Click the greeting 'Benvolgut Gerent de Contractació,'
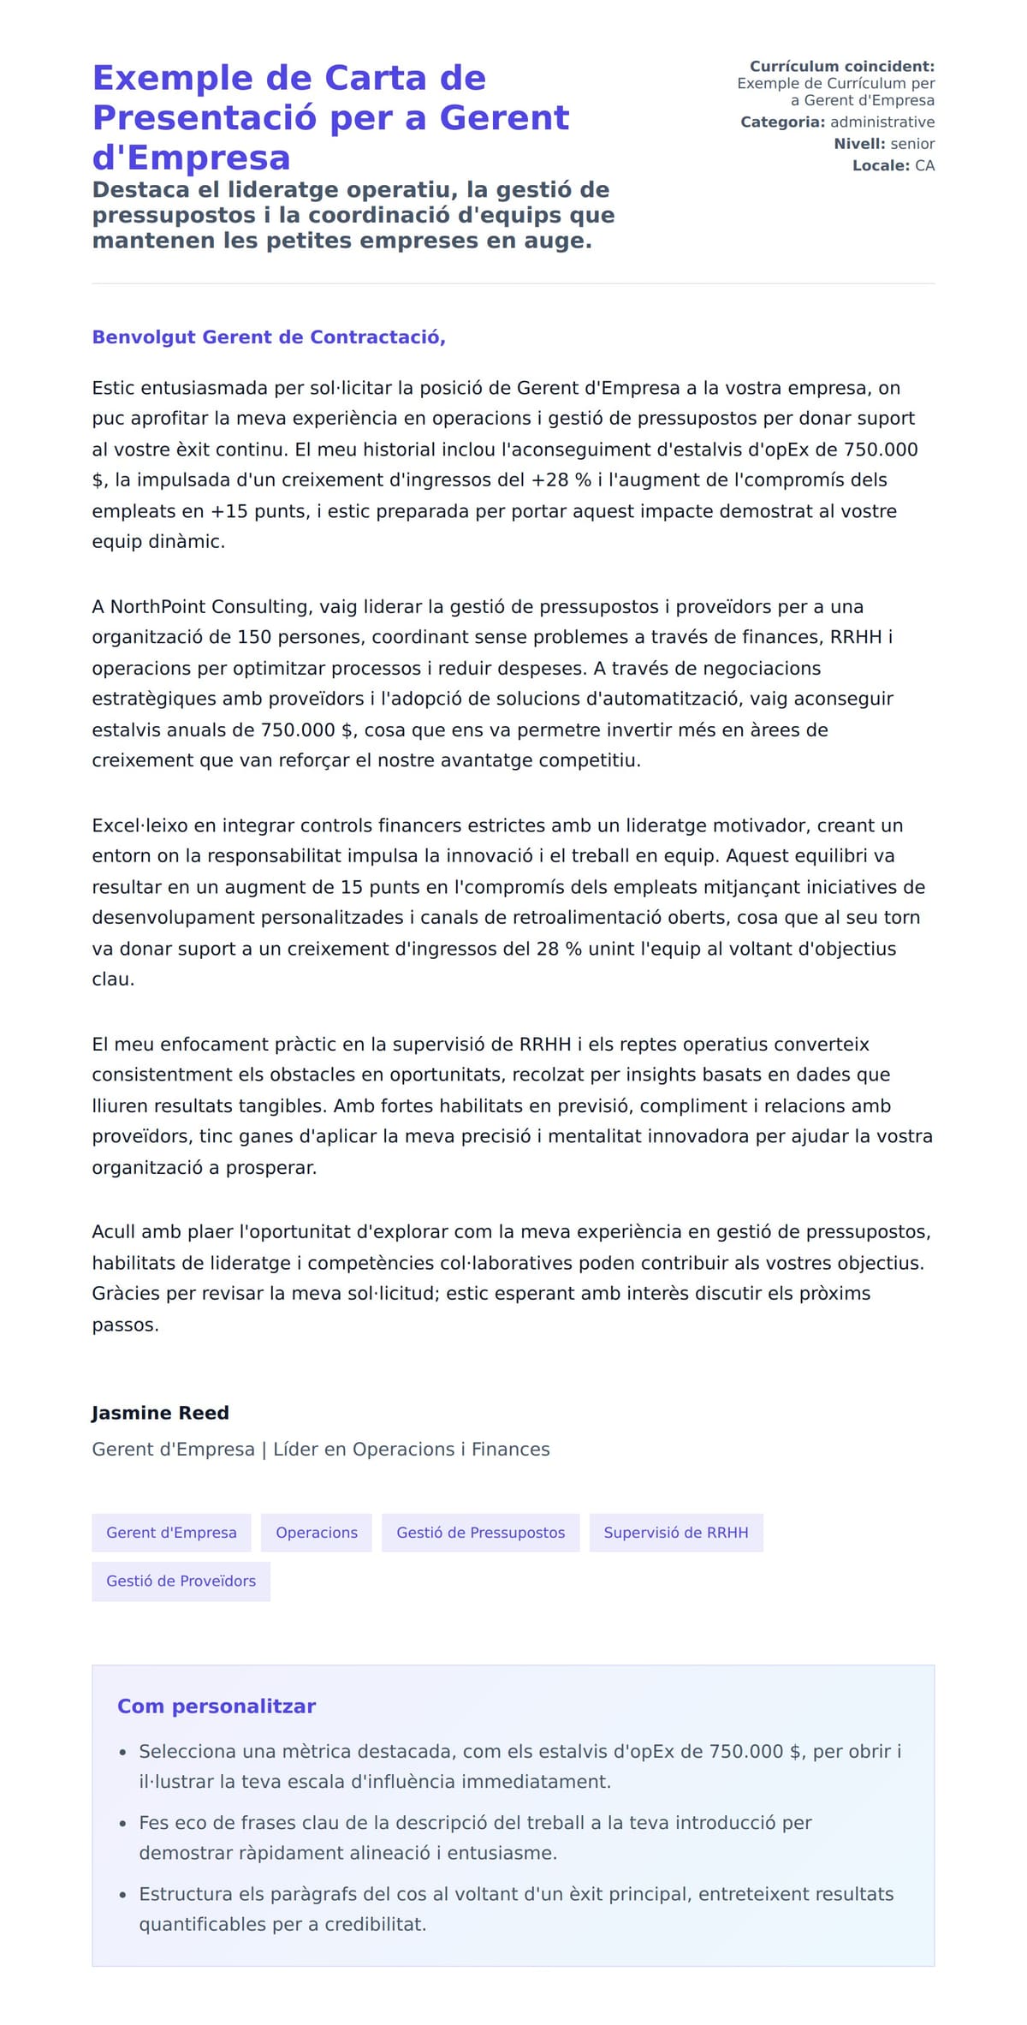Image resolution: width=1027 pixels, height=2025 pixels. pos(269,337)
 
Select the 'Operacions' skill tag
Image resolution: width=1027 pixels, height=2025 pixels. pos(317,1533)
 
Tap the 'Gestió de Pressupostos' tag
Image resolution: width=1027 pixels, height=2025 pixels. pos(480,1533)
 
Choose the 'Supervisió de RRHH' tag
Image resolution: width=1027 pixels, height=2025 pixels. pos(676,1533)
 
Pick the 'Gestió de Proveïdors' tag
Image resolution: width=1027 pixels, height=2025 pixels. pos(181,1581)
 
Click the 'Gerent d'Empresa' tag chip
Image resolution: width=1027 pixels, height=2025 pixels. pos(171,1533)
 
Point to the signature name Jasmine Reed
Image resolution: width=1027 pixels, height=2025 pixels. pos(160,1413)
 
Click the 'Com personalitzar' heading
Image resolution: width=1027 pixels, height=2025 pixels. pos(217,1706)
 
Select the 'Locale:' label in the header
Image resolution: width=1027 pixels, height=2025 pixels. pos(881,166)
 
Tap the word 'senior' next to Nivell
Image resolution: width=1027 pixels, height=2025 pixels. pos(912,144)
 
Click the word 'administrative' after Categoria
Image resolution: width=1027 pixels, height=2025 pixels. pos(882,122)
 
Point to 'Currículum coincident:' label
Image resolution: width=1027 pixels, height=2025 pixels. pos(842,67)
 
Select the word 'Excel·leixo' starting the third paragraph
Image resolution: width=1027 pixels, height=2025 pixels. pos(140,825)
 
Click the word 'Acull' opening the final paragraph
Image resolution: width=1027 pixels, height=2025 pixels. pos(114,1232)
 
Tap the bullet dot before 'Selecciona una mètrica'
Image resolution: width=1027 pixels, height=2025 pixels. pos(123,1753)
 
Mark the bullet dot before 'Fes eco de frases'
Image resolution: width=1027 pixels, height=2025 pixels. pos(123,1824)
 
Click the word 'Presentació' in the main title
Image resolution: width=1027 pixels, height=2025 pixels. pos(205,117)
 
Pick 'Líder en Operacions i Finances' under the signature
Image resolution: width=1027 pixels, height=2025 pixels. pos(412,1450)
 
